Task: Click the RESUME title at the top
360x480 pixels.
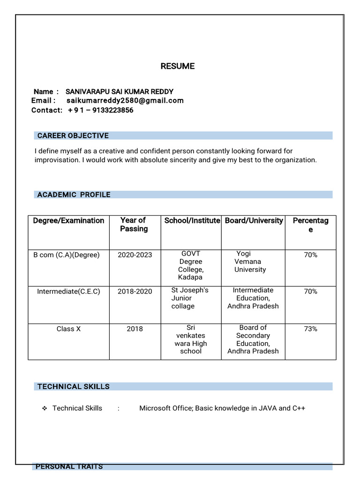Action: pos(177,66)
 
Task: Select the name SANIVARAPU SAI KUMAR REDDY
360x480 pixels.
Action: pos(119,91)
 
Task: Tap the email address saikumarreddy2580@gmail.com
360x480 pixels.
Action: pos(125,100)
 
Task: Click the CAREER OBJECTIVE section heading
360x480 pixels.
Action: pos(73,135)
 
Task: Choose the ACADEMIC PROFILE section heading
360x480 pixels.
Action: pos(74,195)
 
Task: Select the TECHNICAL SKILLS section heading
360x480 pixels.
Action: pos(73,387)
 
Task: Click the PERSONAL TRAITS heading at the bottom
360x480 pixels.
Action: pos(69,466)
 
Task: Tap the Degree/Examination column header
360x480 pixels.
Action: pos(68,220)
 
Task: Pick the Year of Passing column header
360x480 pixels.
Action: pos(134,225)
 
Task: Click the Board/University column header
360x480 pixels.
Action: pos(254,220)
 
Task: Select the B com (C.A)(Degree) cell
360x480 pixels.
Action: pos(66,255)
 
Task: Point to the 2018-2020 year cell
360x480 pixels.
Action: pos(135,292)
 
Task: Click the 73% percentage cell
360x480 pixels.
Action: pos(310,329)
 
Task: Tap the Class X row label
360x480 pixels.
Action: pos(68,329)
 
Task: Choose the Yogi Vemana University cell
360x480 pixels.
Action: pos(250,262)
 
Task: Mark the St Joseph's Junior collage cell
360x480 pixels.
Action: pos(189,298)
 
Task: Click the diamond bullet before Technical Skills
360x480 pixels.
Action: pos(45,408)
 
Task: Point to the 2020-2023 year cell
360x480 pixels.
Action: pos(135,255)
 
